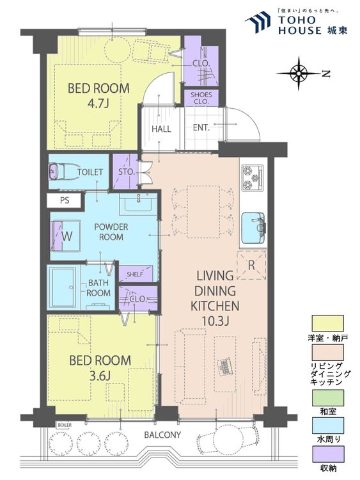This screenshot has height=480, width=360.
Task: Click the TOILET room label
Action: [x=90, y=172]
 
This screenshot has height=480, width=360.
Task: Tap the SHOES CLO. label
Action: [x=201, y=98]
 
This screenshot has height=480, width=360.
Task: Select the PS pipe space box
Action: [x=64, y=200]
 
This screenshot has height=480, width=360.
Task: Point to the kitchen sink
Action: [x=253, y=227]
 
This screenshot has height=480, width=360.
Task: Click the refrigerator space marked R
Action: [x=251, y=265]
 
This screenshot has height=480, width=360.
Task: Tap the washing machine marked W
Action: [x=67, y=236]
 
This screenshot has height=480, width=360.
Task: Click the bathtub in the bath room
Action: [x=63, y=287]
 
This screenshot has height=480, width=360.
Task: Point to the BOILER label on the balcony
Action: [x=65, y=425]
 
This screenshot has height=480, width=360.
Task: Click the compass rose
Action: [x=299, y=73]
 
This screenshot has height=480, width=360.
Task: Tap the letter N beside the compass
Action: [x=326, y=74]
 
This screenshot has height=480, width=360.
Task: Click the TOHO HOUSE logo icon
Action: [x=258, y=22]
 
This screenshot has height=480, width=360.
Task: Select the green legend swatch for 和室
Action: [x=327, y=397]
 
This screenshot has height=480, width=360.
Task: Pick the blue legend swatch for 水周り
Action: [x=327, y=425]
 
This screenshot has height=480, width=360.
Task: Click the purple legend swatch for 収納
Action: [x=327, y=454]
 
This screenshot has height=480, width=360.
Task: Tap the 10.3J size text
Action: [x=215, y=321]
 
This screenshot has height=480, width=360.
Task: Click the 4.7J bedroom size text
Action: [x=98, y=104]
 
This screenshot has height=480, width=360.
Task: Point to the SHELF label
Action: [x=135, y=275]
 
